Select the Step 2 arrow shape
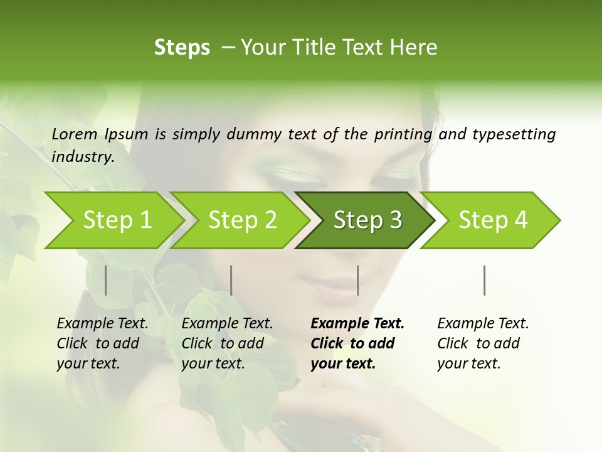(x=241, y=220)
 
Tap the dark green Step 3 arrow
(x=367, y=220)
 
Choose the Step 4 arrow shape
(x=492, y=220)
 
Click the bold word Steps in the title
(x=182, y=47)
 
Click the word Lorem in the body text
(x=75, y=134)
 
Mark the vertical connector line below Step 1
(x=106, y=280)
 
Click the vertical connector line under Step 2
(x=231, y=280)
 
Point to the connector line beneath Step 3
(x=357, y=280)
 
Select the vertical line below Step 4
(x=485, y=280)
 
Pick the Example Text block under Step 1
(x=102, y=343)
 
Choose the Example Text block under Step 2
(x=227, y=343)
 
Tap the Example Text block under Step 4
(x=483, y=343)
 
